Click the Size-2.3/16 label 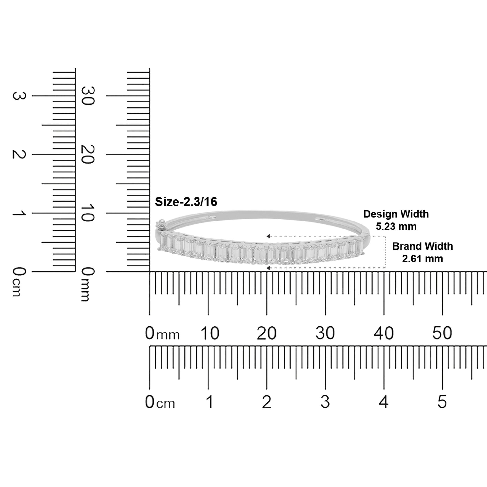(x=186, y=202)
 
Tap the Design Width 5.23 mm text (x=396, y=220)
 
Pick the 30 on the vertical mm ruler (x=88, y=96)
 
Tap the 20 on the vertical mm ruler (x=88, y=154)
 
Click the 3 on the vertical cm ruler (x=19, y=96)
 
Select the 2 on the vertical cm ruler (x=19, y=154)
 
